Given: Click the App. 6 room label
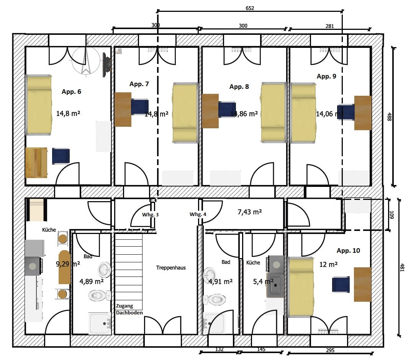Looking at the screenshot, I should [x=71, y=92].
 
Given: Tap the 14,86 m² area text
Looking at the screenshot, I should [x=244, y=114].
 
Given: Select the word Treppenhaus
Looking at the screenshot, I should [x=171, y=268].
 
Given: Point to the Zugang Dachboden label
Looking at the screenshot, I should [x=129, y=309].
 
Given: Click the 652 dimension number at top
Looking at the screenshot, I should [x=250, y=8].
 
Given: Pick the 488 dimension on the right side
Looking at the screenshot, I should [x=389, y=117].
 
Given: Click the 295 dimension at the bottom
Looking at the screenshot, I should [x=330, y=350].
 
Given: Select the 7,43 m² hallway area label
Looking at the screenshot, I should [x=250, y=212].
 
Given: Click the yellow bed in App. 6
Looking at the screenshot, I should [x=39, y=105].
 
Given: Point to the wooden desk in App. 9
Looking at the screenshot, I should [x=363, y=113].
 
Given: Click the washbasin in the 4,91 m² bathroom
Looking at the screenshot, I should [x=210, y=275].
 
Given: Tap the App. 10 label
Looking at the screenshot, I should [x=348, y=251].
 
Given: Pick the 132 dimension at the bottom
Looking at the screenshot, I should [x=219, y=349].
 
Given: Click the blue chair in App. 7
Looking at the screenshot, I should [x=139, y=106].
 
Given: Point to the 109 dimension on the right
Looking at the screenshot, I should [x=391, y=214].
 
